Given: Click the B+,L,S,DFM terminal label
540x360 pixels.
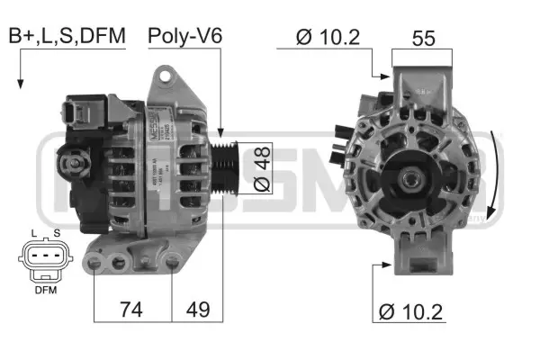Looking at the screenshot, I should pos(67,36).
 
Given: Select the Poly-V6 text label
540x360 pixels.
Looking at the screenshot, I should pos(185,36).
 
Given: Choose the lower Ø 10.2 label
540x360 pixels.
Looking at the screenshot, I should pos(413,311).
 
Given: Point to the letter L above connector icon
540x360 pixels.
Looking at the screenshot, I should pos(33,234).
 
